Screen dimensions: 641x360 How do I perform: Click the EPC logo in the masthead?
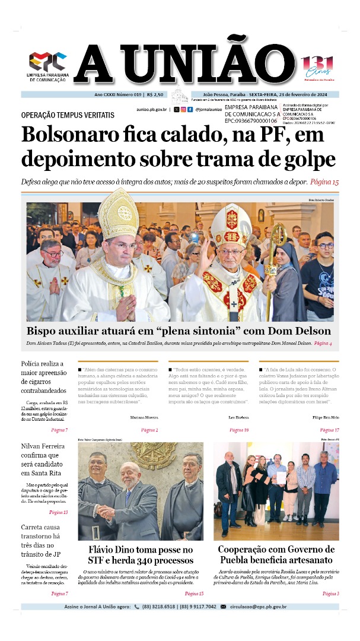pyautogui.click(x=48, y=61)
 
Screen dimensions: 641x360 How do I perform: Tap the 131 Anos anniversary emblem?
pyautogui.click(x=318, y=66)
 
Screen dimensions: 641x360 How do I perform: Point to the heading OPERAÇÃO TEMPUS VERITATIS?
pyautogui.click(x=67, y=115)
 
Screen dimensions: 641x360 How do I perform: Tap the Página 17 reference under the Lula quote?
pyautogui.click(x=329, y=430)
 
